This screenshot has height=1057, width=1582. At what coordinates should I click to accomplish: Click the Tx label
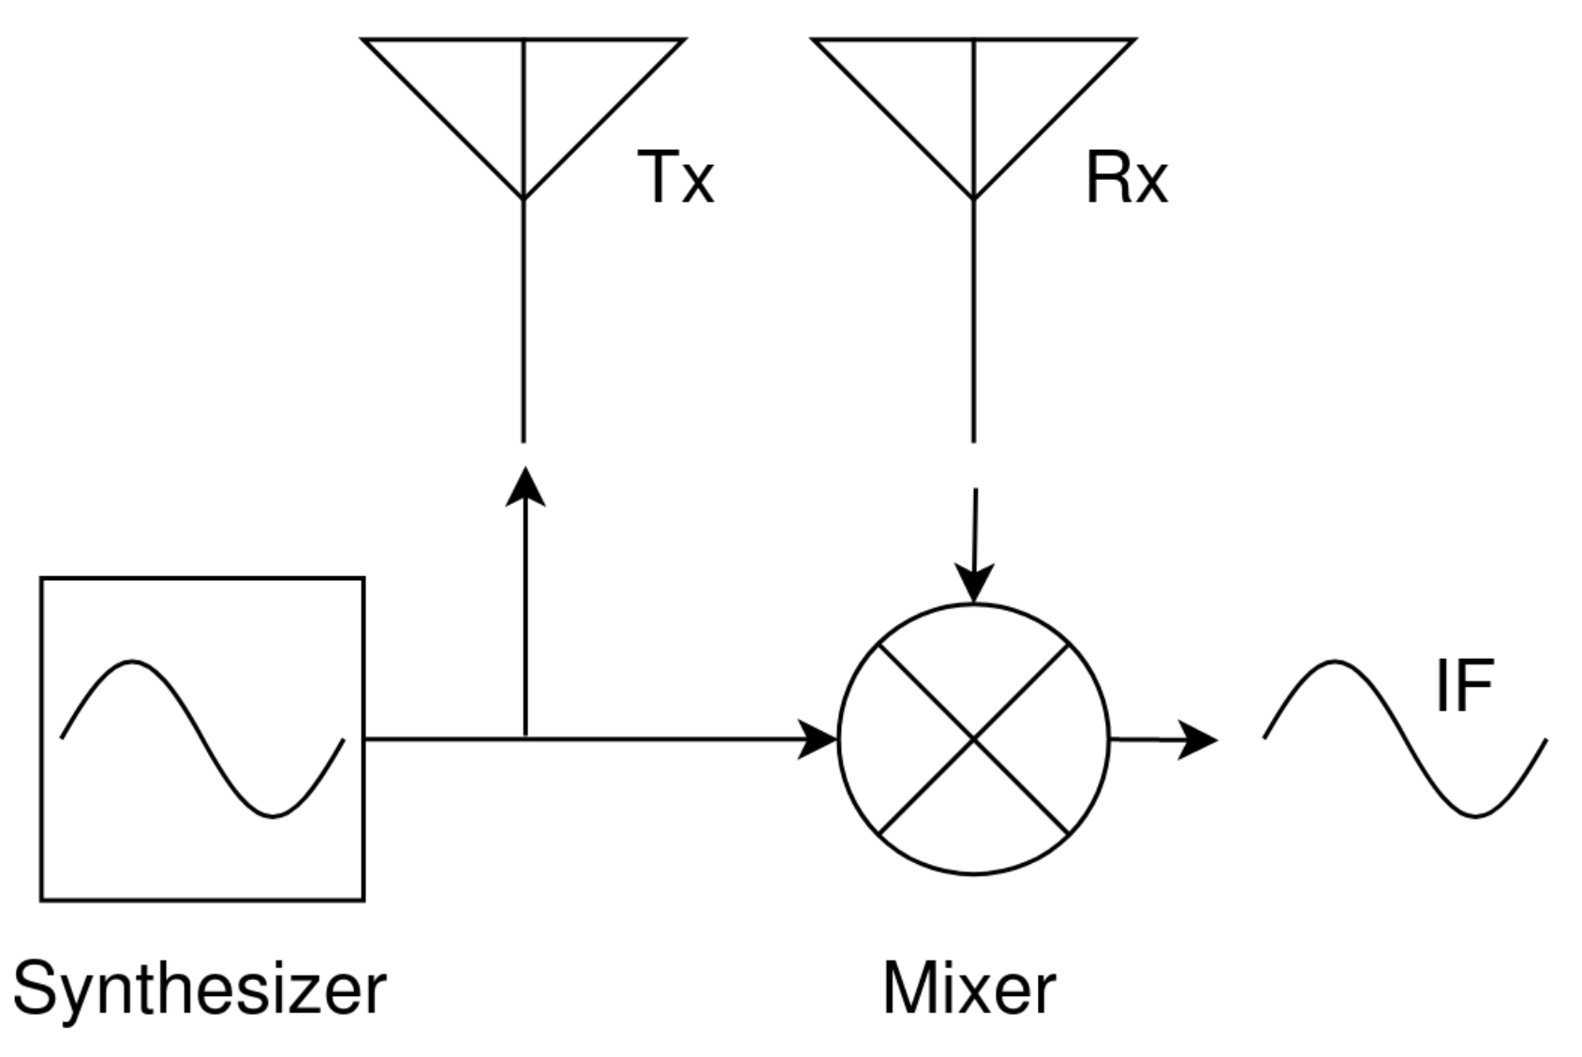click(x=675, y=176)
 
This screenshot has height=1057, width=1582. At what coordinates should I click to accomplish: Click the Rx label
click(x=1126, y=176)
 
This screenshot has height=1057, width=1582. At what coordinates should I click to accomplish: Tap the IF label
click(x=1463, y=686)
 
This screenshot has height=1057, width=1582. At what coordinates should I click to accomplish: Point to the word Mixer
click(x=968, y=988)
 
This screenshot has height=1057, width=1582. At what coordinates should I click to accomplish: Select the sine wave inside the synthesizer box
click(x=202, y=739)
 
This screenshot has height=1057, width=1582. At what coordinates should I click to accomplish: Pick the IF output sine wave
click(x=1405, y=739)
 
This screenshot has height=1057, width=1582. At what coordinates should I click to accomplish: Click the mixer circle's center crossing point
click(x=974, y=739)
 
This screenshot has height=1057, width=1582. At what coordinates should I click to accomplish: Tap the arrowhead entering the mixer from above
click(x=974, y=583)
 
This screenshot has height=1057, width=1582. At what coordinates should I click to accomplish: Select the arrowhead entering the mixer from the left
click(x=817, y=739)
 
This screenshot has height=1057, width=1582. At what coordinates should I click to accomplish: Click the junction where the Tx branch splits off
click(x=525, y=739)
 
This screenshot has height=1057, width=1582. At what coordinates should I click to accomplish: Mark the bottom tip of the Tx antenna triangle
click(x=524, y=199)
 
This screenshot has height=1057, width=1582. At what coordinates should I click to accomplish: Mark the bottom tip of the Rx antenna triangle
click(x=974, y=199)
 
